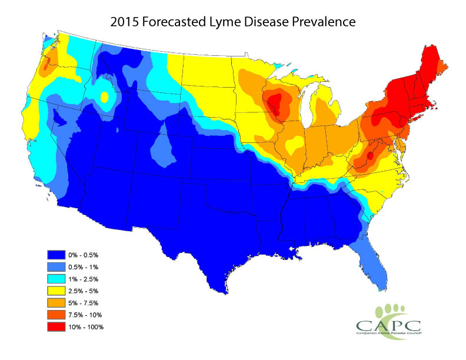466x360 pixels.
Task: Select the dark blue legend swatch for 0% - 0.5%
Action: (57, 255)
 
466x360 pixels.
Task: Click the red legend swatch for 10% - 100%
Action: (57, 326)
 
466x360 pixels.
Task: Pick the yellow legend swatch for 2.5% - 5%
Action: (57, 291)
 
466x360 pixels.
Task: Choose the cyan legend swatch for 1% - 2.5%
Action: (57, 279)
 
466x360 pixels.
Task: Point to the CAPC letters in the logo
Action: (385, 325)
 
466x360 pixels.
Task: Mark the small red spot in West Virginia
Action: (370, 156)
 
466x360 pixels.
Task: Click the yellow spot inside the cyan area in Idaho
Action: (105, 97)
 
